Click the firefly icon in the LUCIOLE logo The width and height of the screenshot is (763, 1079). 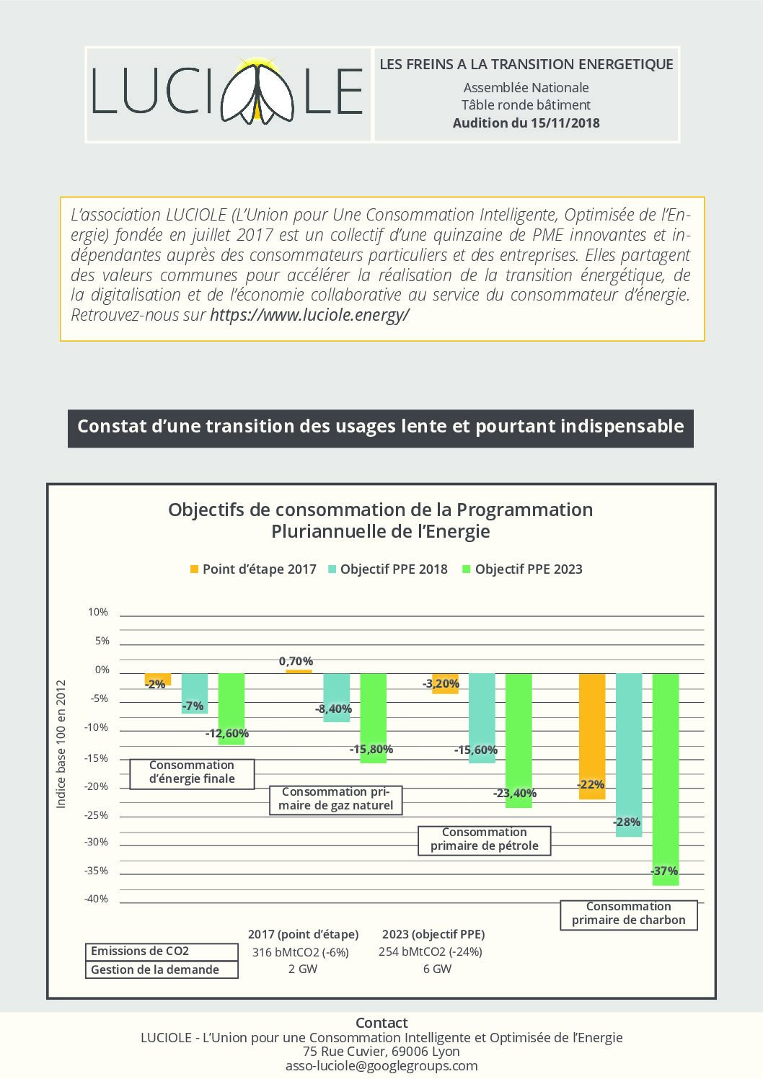(x=257, y=91)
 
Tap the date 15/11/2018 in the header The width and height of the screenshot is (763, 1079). (x=565, y=123)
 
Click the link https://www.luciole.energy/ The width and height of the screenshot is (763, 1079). (x=309, y=314)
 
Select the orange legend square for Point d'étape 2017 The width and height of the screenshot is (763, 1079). (x=194, y=569)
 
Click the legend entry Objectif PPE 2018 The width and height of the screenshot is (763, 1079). (x=388, y=569)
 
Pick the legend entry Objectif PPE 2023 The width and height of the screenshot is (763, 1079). (x=522, y=569)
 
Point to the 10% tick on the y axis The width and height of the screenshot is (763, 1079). (x=98, y=612)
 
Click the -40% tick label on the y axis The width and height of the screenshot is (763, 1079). (x=96, y=899)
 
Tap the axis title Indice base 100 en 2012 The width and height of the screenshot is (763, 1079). (x=61, y=745)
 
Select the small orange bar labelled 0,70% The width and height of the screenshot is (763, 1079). (x=299, y=671)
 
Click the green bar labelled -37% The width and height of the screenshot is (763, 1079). (x=666, y=779)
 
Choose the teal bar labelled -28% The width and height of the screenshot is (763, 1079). (x=629, y=755)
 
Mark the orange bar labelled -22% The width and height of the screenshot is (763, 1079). (x=592, y=737)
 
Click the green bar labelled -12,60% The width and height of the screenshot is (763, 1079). (x=231, y=709)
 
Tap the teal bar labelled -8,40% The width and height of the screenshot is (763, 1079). (x=337, y=698)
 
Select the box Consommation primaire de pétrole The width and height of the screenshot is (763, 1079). (x=485, y=840)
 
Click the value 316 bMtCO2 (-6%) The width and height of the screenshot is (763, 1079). (x=300, y=952)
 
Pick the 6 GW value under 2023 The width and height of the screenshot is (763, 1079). (x=437, y=969)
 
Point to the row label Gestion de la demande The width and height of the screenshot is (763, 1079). (x=155, y=969)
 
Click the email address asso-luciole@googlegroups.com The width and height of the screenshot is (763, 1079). (x=381, y=1066)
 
